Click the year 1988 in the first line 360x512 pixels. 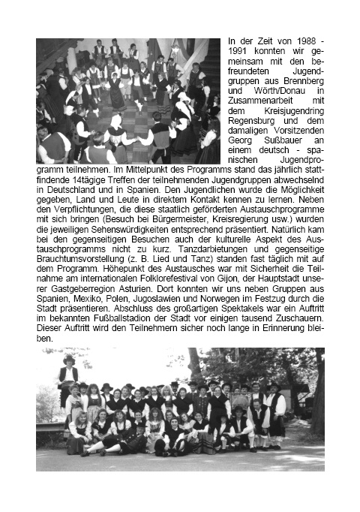304,39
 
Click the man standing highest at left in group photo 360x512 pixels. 68,371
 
